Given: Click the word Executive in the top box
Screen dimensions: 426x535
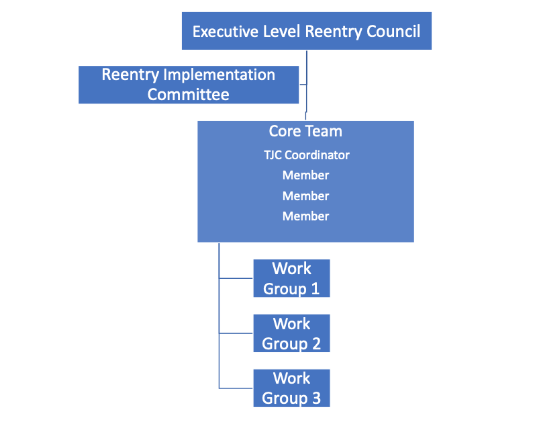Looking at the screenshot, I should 223,32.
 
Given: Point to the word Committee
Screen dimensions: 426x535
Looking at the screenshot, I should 188,94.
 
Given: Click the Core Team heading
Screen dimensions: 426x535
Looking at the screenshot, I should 305,131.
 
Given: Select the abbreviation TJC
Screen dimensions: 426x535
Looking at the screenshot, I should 273,155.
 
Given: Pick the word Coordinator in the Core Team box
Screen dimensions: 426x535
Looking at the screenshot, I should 317,155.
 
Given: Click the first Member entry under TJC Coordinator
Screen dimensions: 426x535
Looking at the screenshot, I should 305,175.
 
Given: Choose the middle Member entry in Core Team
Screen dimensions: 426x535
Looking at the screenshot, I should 305,196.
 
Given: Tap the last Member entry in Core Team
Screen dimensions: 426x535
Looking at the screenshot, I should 305,216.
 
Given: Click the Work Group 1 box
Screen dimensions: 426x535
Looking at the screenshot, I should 291,278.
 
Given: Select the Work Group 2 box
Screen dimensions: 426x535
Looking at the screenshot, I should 291,333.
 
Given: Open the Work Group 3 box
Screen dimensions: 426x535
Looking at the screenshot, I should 291,388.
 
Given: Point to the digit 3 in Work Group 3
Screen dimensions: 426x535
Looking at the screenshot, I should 315,398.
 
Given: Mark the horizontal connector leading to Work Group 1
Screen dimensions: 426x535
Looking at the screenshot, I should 236,278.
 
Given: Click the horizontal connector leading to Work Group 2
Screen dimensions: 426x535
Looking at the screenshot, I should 236,333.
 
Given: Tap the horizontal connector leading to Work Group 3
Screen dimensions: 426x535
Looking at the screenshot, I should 236,388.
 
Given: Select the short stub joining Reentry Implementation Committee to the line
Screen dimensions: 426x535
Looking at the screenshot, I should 303,85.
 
